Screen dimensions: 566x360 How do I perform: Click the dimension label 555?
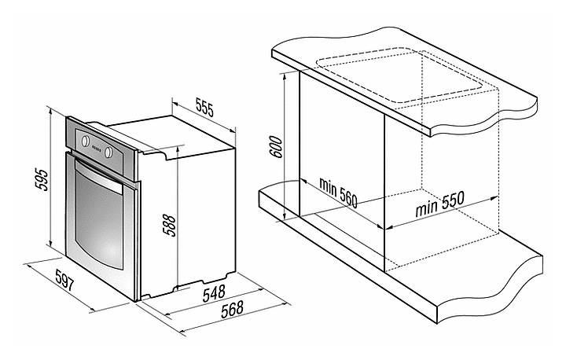tap(204, 107)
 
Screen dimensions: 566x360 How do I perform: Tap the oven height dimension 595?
tap(41, 179)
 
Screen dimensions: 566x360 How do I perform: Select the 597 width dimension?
tap(65, 281)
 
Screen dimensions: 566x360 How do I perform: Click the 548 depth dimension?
tap(214, 293)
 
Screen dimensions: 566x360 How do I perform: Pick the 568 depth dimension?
tap(232, 310)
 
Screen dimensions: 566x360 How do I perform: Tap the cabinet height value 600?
tap(277, 147)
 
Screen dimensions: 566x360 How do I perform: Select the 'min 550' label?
tap(439, 204)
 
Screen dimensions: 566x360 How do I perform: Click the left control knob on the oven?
tap(85, 141)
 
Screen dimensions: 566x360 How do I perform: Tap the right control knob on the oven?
tap(108, 152)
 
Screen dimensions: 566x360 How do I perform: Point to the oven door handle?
tap(98, 176)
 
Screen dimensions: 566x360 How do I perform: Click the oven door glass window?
tap(98, 218)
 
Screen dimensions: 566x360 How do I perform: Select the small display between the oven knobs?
tap(97, 147)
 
